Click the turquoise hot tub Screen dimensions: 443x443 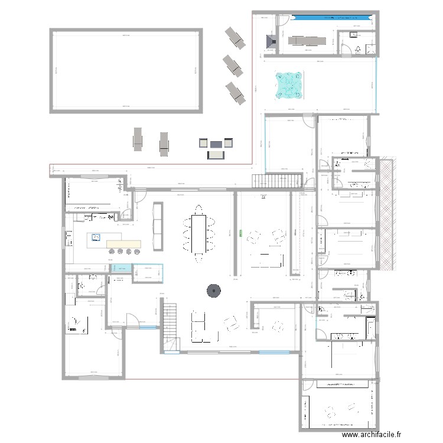pos(289,84)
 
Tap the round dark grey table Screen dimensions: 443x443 pos(213,290)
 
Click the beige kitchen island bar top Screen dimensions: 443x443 pos(123,244)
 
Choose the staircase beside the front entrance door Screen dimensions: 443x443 pos(169,326)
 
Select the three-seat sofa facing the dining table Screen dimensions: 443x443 pos(158,226)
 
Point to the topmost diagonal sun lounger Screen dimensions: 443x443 pos(234,37)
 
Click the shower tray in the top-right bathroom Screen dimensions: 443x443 pos(371,50)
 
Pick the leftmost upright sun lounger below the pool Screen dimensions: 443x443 pos(138,140)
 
